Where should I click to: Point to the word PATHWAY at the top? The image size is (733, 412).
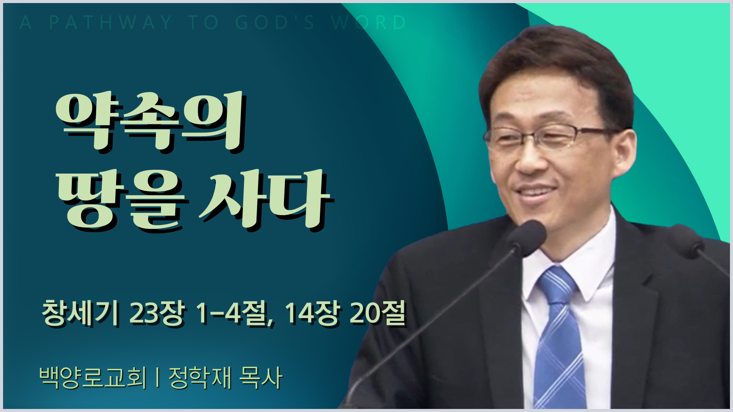point(111,23)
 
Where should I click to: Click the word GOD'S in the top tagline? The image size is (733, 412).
point(275,23)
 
